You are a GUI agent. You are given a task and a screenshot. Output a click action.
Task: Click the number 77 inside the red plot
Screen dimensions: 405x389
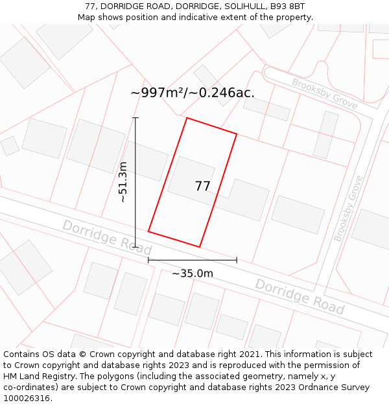click(202, 187)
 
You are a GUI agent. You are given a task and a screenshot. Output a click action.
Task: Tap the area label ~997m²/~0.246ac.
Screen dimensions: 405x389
click(193, 93)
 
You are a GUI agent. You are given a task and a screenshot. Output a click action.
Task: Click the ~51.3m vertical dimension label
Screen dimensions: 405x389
click(123, 182)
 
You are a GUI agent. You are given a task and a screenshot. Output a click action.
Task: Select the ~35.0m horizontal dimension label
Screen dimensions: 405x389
click(193, 273)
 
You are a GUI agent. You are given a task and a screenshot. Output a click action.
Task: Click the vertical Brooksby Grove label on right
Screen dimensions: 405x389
click(348, 207)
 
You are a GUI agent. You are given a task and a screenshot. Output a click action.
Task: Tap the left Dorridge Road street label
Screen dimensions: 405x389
click(107, 237)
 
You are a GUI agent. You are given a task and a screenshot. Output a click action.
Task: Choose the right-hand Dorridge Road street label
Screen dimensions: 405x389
click(299, 296)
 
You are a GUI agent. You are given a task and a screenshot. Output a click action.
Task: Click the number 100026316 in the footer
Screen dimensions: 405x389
click(27, 399)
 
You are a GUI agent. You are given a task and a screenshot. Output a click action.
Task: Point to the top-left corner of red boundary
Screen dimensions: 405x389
click(187, 118)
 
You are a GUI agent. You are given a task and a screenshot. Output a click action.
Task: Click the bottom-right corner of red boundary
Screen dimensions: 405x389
click(199, 247)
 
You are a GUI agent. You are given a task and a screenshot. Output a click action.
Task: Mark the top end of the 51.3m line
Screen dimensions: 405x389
click(136, 118)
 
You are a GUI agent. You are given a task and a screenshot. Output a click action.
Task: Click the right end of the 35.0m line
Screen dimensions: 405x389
click(237, 260)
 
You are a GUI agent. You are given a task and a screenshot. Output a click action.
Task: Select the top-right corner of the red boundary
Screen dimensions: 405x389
click(237, 134)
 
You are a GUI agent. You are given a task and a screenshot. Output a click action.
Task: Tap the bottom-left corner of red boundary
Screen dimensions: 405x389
click(148, 231)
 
